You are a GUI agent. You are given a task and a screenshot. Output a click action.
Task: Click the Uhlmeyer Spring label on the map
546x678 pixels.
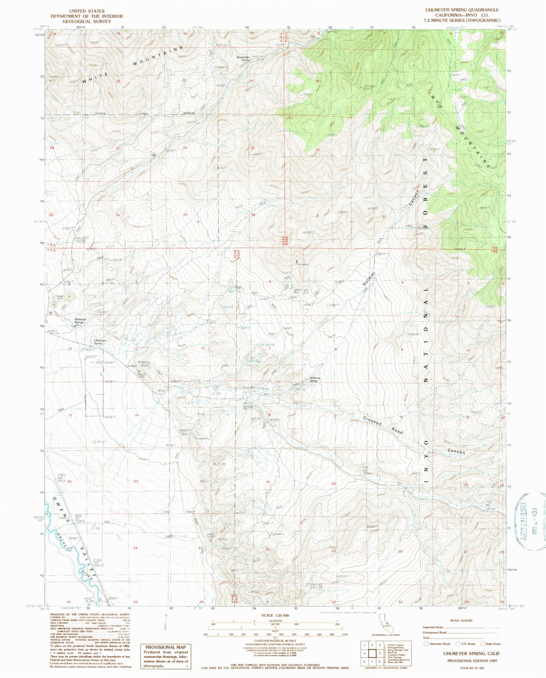tap(98, 342)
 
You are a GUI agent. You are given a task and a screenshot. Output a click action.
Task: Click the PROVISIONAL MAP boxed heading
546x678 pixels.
tap(166, 647)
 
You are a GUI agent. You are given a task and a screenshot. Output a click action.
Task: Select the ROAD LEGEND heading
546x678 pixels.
tap(461, 621)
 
